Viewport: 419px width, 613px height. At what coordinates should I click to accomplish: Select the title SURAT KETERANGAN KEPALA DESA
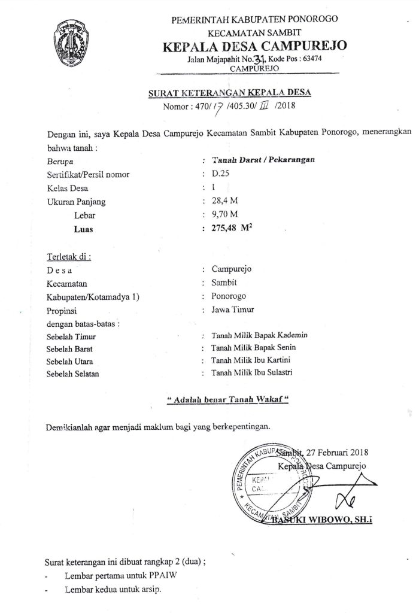point(231,93)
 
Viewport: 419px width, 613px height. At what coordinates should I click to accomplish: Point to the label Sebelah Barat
point(70,348)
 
